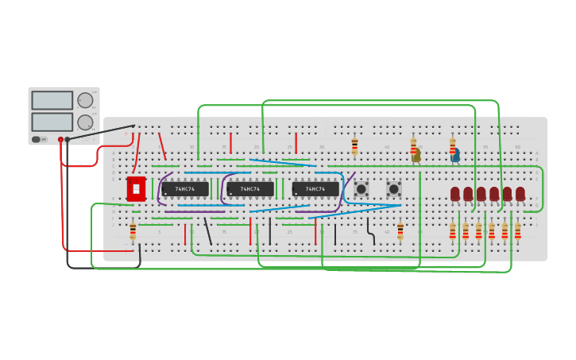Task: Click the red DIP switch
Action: click(x=136, y=189)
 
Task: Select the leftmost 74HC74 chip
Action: click(x=185, y=189)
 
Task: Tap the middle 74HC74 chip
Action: click(x=250, y=189)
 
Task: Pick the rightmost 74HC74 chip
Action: click(x=315, y=189)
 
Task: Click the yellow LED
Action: click(x=416, y=156)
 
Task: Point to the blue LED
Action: click(x=455, y=156)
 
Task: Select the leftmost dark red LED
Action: click(x=455, y=194)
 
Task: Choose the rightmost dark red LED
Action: click(x=520, y=194)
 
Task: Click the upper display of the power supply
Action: click(x=52, y=100)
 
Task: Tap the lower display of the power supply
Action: click(x=52, y=122)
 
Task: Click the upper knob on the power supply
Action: click(x=84, y=100)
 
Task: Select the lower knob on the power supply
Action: click(x=84, y=122)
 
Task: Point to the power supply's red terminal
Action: click(x=60, y=140)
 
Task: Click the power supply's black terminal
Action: click(x=68, y=140)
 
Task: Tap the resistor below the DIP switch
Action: click(x=133, y=230)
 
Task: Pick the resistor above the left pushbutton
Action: click(x=354, y=146)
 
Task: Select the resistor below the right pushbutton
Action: click(x=400, y=230)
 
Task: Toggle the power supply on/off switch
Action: click(x=36, y=139)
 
